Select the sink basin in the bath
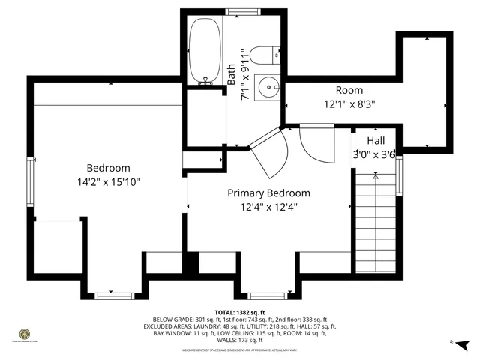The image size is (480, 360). tap(266, 88)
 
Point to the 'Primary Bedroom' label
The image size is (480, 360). tap(268, 193)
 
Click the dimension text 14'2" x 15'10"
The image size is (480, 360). tap(109, 181)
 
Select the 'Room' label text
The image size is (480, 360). tap(349, 90)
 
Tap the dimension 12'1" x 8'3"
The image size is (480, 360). tap(349, 104)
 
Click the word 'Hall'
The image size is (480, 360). tap(377, 141)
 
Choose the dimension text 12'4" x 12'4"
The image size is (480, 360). tap(268, 207)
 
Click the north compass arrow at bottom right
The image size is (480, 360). tap(461, 343)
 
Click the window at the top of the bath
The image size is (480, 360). tap(241, 12)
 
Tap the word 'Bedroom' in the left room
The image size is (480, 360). tap(109, 168)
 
